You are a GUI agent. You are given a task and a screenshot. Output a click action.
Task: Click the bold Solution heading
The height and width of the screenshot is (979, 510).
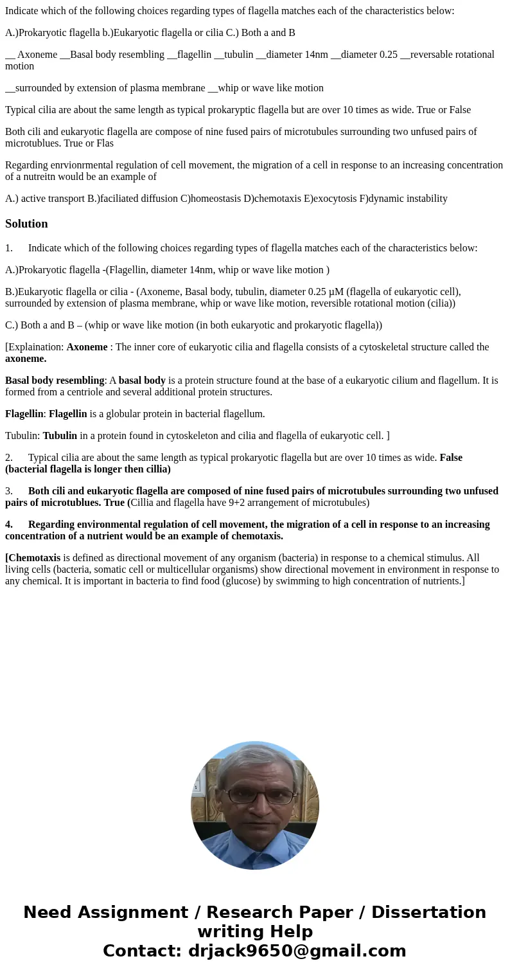[x=26, y=224]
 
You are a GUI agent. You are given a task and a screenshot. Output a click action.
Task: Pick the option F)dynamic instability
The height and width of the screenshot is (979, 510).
[x=408, y=198]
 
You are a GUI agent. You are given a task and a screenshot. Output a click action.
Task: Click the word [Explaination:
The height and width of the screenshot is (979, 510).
[x=35, y=347]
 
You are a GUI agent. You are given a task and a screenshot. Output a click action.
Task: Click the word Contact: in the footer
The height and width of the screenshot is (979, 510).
[x=142, y=951]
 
